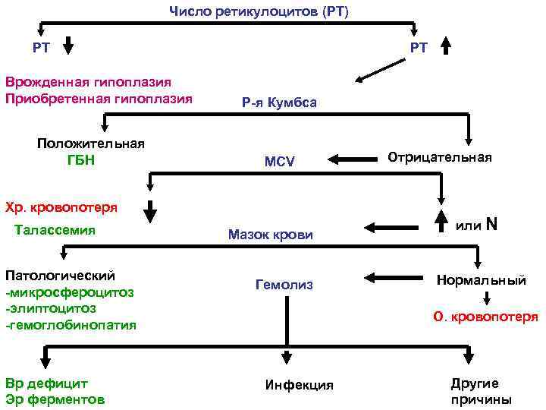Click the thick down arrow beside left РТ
tap(67, 46)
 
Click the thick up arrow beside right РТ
tap(446, 46)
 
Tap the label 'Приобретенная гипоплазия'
tap(99, 98)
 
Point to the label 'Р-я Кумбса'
tap(279, 103)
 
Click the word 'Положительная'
tap(91, 143)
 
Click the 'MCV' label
tap(279, 161)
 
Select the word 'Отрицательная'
tap(440, 157)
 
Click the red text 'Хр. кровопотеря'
tap(61, 207)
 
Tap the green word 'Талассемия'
tap(55, 230)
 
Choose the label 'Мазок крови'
tap(270, 235)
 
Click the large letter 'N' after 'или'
tap(491, 225)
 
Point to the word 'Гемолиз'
tap(284, 285)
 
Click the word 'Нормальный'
tap(481, 280)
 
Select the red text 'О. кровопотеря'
tap(485, 317)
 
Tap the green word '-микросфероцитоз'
tap(69, 292)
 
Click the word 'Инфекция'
tap(300, 385)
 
